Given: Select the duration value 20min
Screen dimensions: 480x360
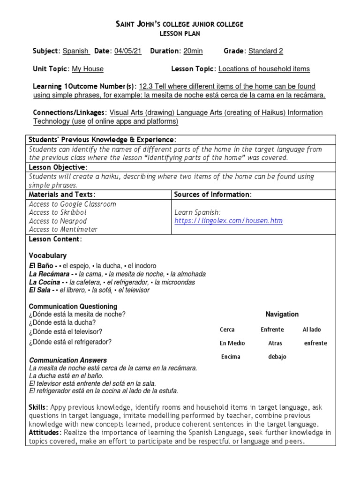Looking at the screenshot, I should pos(193,51).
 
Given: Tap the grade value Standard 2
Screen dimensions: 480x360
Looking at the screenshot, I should pos(266,51).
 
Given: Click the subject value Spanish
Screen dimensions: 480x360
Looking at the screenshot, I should pos(76,51).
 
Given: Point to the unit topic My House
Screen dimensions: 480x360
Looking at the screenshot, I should pos(88,69).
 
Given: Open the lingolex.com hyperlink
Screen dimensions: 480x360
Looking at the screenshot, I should pos(229,221).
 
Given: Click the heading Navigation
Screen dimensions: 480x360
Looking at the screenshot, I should pos(282,314).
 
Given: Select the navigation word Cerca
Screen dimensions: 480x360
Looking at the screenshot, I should pos(227,330).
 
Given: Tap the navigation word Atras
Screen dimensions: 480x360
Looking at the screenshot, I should pos(275,343).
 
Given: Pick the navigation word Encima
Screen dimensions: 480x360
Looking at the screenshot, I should pos(231,357).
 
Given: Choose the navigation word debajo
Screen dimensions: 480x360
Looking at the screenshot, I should pos(277,357).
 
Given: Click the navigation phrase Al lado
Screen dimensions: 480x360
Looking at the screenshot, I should pos(312,330).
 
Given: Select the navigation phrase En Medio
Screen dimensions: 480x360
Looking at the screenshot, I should pos(230,343).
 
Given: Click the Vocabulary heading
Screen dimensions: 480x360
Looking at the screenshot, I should pos(48,255).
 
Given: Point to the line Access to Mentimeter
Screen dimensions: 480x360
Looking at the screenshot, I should pos(63,229).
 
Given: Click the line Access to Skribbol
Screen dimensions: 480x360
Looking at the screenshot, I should pos(58,212).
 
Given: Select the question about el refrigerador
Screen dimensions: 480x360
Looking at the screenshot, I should pos(70,342).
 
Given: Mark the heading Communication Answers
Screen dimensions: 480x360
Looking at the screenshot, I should pos(68,360).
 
